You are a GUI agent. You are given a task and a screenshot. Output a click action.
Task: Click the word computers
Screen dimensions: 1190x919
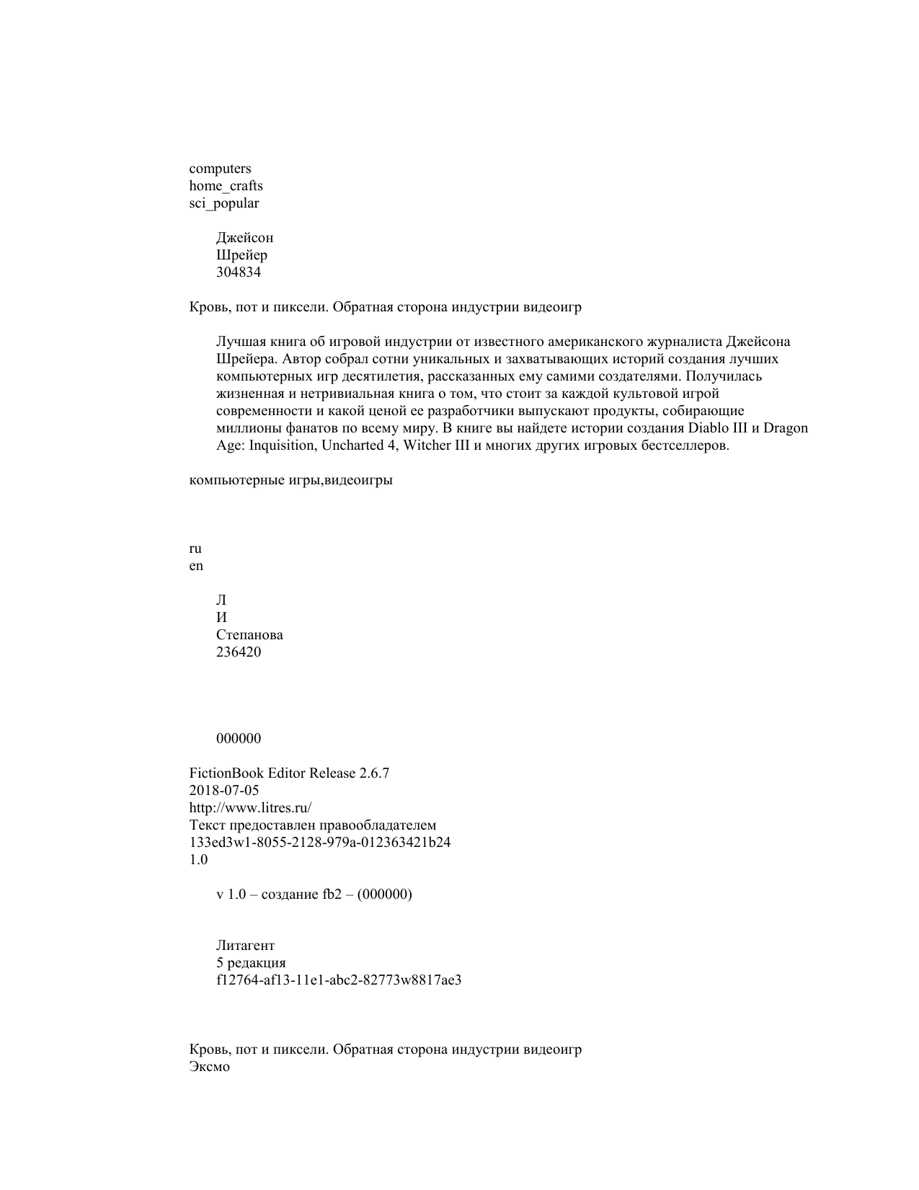click(x=220, y=169)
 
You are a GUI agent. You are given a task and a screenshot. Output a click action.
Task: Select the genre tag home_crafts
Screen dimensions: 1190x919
click(x=226, y=186)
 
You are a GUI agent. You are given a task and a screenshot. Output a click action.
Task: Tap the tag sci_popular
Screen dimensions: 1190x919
click(x=223, y=203)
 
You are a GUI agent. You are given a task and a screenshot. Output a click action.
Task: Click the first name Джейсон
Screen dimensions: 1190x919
click(x=244, y=238)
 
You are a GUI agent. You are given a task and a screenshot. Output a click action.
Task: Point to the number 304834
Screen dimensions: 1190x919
click(x=239, y=272)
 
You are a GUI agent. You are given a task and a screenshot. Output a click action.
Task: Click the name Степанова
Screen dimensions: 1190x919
click(x=249, y=635)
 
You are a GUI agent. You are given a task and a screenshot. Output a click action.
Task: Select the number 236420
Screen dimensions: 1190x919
click(x=239, y=652)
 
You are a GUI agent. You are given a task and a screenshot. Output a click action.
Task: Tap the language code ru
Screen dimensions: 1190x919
click(x=195, y=549)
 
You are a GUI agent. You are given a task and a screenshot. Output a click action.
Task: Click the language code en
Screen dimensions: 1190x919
click(x=196, y=566)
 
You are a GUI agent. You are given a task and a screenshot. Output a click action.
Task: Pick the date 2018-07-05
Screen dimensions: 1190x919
click(x=224, y=791)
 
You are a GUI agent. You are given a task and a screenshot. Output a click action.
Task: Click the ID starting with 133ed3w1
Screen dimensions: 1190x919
click(x=320, y=843)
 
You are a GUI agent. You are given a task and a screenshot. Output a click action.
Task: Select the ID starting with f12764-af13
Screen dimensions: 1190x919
click(x=339, y=980)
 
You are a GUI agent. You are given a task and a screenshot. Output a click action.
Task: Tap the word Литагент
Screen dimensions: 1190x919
click(x=245, y=946)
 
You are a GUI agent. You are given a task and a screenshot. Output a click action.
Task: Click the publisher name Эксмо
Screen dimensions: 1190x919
click(x=210, y=1067)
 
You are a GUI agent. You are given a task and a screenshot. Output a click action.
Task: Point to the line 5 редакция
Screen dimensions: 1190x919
click(x=251, y=963)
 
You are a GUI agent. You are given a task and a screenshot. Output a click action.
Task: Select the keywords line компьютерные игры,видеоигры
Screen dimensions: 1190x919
click(x=290, y=480)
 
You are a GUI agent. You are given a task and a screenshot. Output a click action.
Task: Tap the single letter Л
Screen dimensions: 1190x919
click(x=221, y=600)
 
